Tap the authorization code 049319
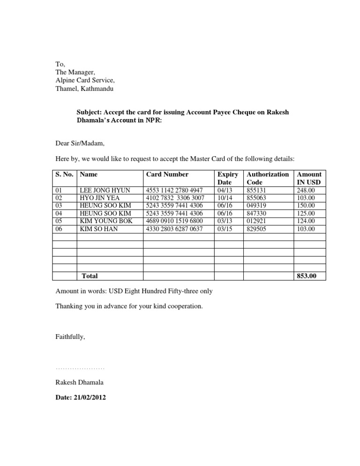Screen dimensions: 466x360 click(255, 206)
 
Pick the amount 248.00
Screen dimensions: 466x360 click(306, 191)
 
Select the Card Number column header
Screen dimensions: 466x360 click(167, 174)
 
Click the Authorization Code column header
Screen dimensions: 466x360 click(267, 178)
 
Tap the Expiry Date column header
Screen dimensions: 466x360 click(228, 178)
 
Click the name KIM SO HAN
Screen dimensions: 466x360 click(99, 229)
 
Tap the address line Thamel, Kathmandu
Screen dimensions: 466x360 click(84, 88)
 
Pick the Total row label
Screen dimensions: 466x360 click(90, 276)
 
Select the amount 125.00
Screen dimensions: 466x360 click(306, 214)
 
